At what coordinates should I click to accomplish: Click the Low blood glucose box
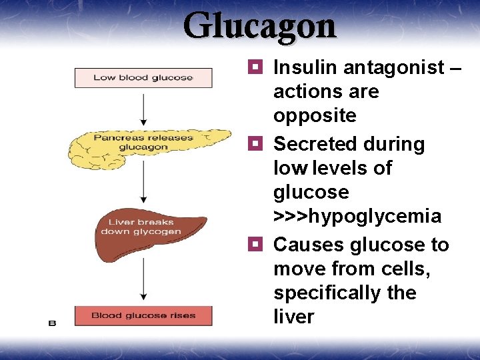click(143, 77)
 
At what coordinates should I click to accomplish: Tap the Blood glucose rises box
click(143, 315)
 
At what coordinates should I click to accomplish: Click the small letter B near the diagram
click(52, 323)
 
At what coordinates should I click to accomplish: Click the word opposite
click(315, 115)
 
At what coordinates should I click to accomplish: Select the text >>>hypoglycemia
click(357, 216)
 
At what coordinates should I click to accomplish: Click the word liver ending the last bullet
click(293, 317)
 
